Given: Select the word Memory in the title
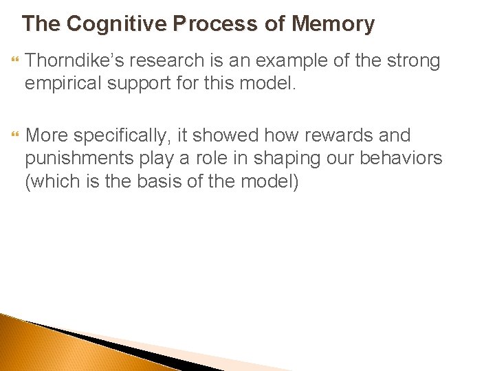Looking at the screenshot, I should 333,24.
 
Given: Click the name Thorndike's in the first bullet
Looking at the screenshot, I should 71,61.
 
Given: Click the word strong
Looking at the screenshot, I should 411,61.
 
